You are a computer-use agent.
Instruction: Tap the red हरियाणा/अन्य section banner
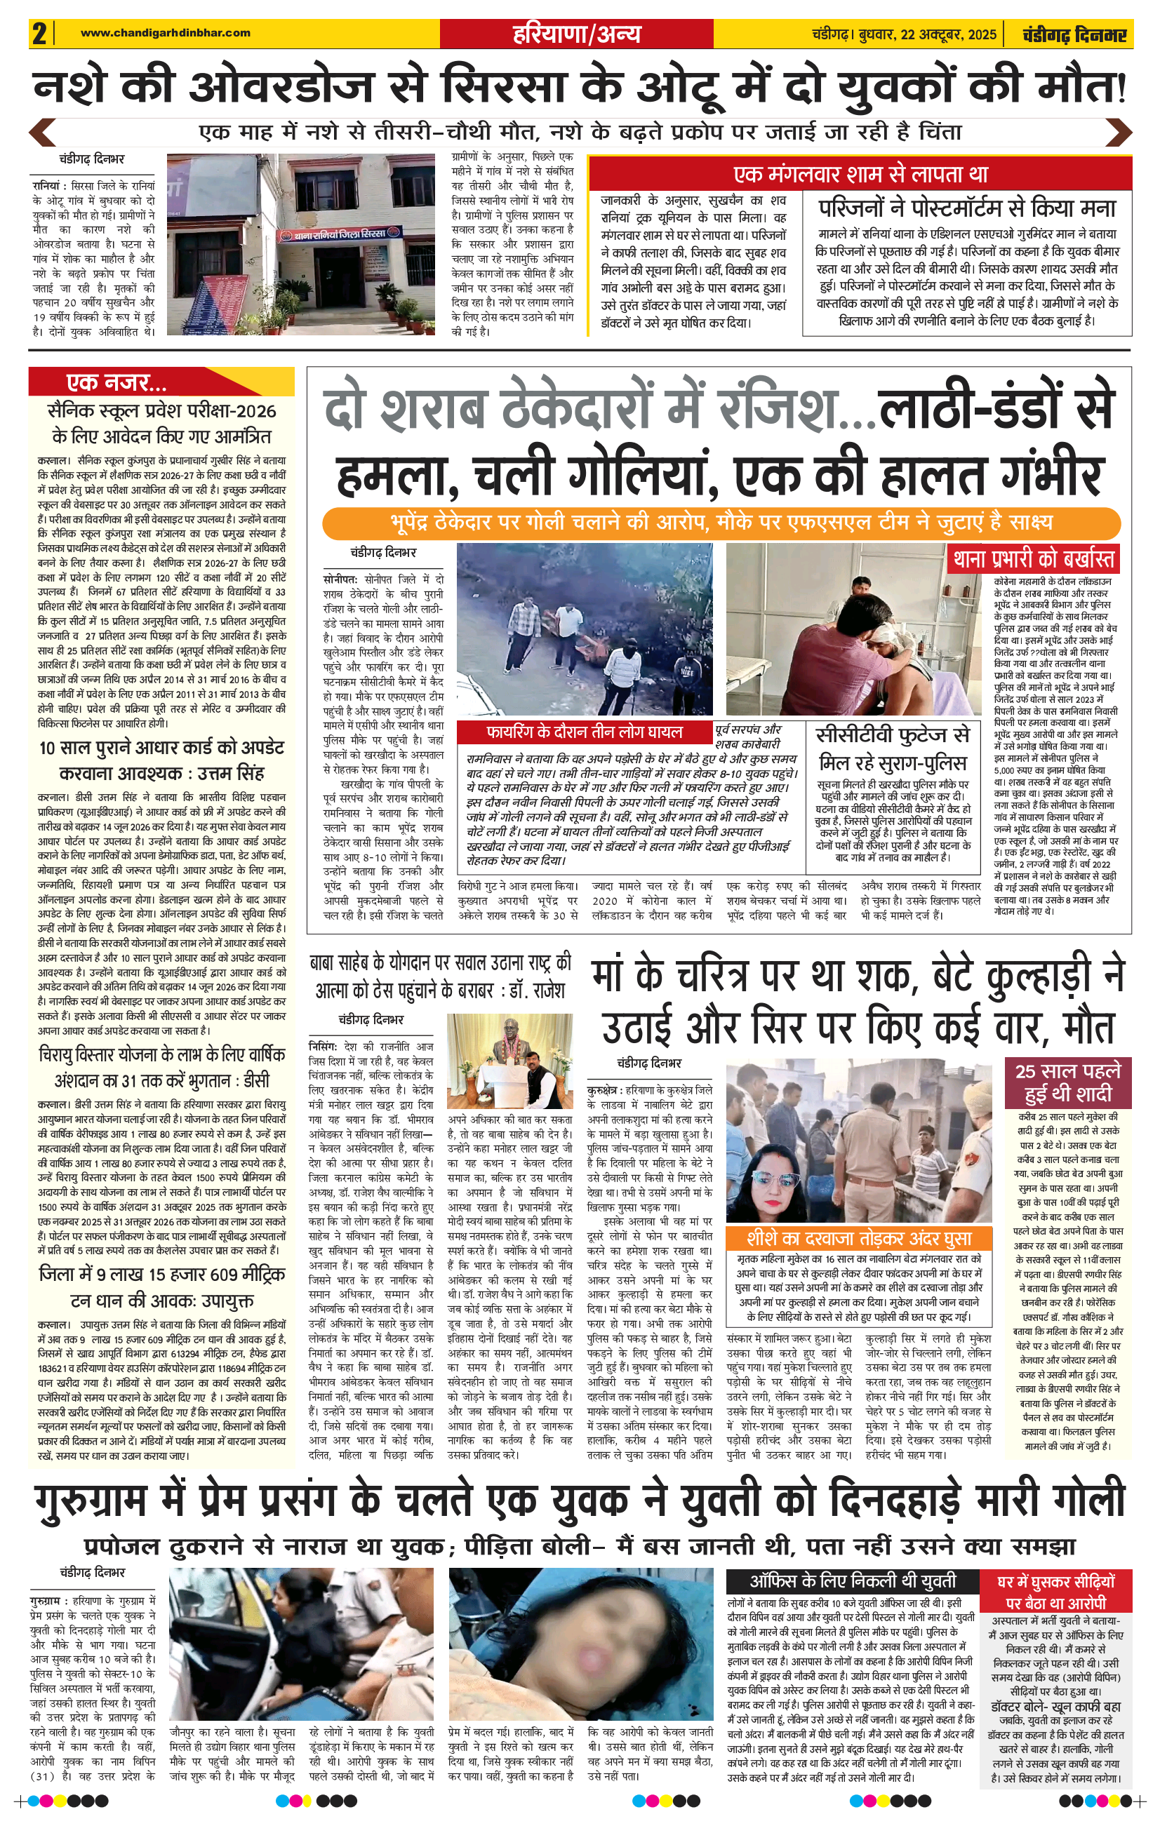tap(576, 34)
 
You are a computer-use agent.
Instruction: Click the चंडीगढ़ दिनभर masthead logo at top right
tap(1074, 35)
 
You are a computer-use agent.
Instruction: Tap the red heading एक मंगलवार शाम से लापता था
tap(860, 175)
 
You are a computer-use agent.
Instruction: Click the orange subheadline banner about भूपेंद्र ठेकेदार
tap(721, 523)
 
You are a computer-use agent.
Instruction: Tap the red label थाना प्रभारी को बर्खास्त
tap(1034, 560)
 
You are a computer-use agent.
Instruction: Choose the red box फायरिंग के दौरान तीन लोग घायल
tap(583, 732)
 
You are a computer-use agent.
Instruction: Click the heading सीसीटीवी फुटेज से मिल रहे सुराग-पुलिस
tap(892, 748)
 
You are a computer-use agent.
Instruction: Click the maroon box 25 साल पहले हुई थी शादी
tap(1067, 1082)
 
